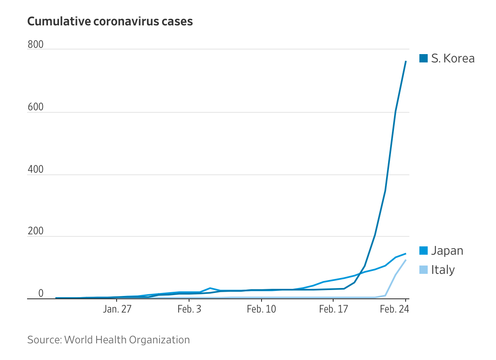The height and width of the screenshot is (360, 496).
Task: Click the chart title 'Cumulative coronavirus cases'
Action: coord(110,21)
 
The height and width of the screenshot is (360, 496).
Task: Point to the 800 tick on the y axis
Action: coord(35,45)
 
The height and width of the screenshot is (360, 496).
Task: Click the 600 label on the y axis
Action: coord(35,107)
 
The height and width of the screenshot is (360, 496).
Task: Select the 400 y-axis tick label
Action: coord(35,169)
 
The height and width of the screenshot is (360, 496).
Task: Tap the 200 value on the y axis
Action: coord(35,231)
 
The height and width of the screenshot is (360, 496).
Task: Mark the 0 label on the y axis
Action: coord(41,293)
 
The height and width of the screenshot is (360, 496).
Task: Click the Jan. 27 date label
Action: coord(117,310)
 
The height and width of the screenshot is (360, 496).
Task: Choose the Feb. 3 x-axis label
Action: coord(189,310)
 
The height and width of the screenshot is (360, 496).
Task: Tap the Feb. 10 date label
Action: coord(262,310)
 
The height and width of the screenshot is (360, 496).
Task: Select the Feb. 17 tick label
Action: coord(333,310)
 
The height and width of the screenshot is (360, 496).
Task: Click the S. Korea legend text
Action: coord(453,59)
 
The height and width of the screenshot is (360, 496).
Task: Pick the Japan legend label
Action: coord(447,251)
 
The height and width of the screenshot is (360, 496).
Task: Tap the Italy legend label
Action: coord(443,270)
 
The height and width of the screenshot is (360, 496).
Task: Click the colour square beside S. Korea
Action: coord(424,59)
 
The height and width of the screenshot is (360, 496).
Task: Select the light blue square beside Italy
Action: coord(424,270)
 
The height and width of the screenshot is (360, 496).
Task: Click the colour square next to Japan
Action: coord(424,251)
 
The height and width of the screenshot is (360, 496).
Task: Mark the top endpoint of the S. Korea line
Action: coord(406,62)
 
